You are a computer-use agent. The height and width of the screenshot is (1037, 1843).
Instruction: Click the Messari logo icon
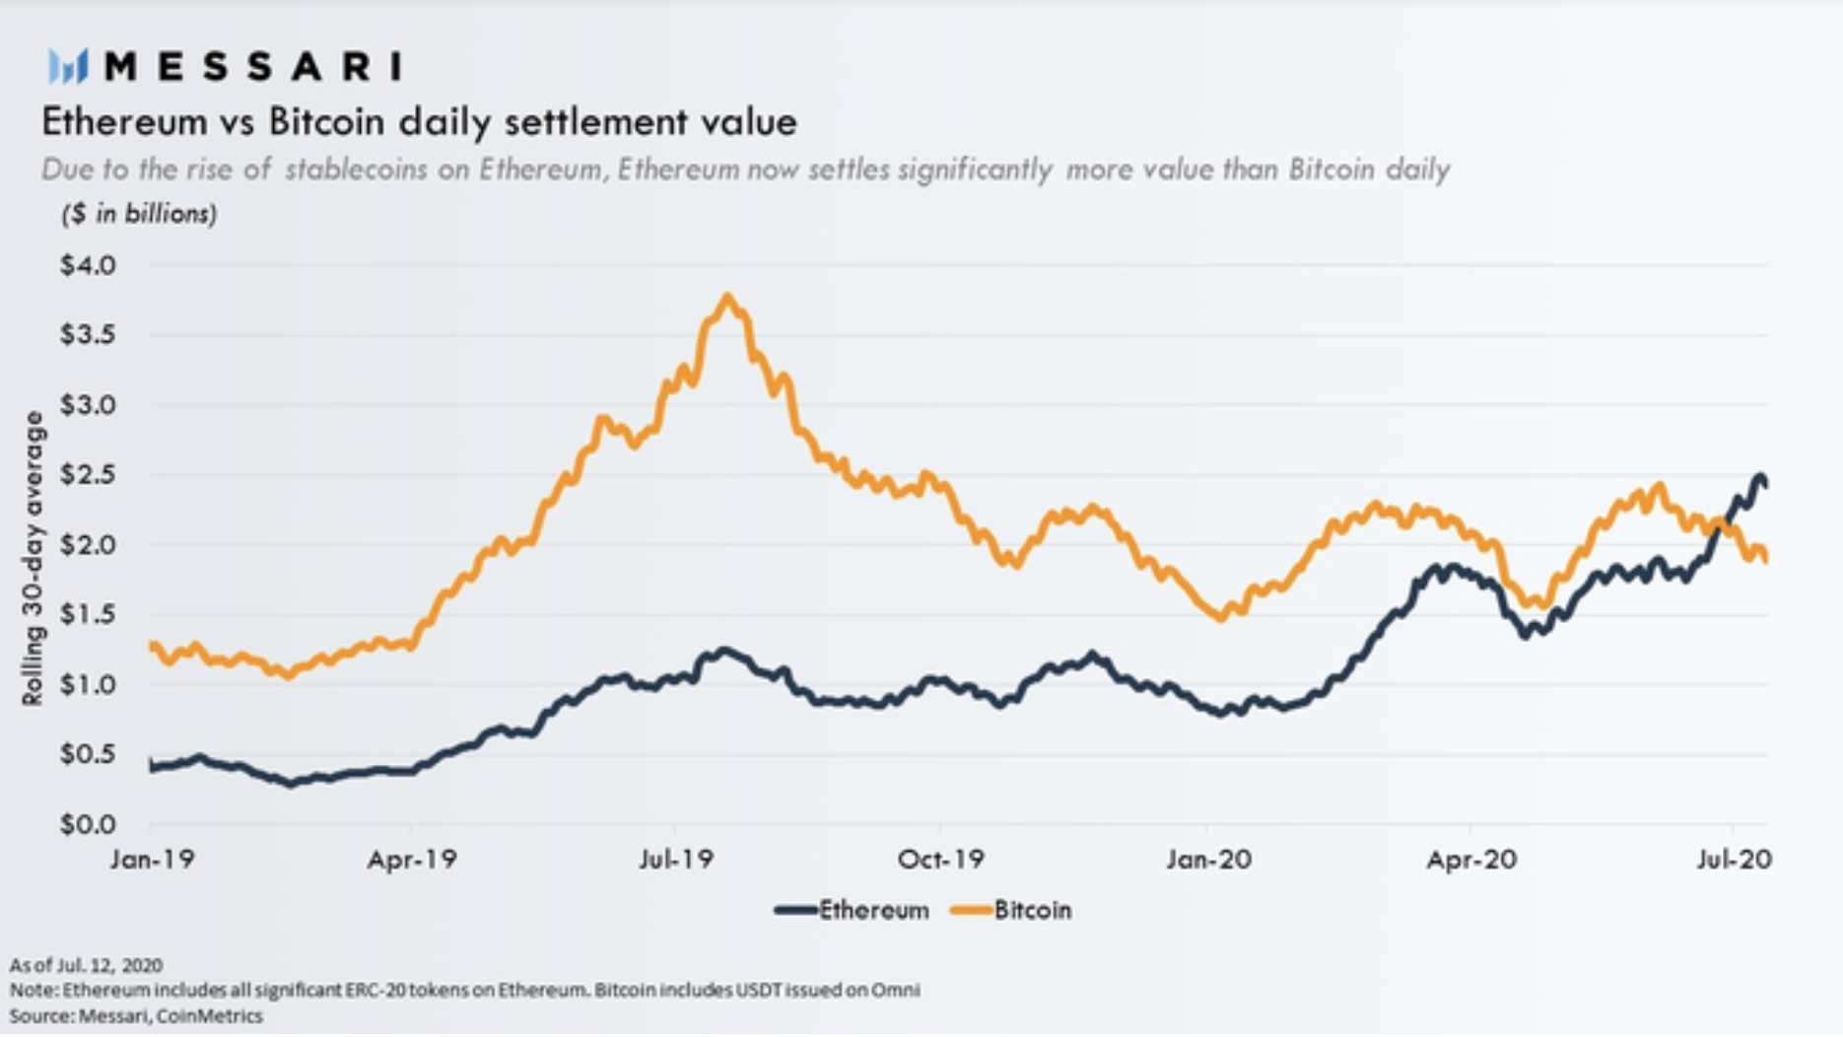68,67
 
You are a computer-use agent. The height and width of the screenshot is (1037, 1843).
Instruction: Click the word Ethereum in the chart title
124,122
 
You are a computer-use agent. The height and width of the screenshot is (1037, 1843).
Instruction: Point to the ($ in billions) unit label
139,214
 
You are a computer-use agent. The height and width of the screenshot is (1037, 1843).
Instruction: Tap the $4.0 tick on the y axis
88,265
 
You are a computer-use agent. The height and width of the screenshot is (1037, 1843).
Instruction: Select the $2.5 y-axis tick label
88,474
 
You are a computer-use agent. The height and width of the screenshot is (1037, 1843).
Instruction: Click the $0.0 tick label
88,824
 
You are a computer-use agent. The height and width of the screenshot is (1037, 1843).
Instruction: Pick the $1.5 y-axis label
88,614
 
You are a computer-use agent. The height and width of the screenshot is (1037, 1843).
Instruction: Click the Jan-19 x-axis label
152,860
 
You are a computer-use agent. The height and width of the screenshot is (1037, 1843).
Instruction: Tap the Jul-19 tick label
675,860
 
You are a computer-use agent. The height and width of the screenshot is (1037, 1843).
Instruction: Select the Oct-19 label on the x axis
940,860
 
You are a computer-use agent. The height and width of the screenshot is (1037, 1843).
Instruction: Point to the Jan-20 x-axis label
1208,860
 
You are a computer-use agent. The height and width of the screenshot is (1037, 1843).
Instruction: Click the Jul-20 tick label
1734,860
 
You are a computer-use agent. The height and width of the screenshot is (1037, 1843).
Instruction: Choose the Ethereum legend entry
853,910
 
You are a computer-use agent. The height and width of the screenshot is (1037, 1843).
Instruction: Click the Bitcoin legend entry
1012,910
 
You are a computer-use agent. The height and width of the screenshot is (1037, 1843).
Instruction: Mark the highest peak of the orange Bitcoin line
727,297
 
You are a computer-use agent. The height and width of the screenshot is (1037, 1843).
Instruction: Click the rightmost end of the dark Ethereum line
1765,484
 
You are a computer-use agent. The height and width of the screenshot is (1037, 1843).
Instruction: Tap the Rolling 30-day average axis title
34,558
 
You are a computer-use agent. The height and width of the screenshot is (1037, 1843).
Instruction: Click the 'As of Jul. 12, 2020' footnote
86,965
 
